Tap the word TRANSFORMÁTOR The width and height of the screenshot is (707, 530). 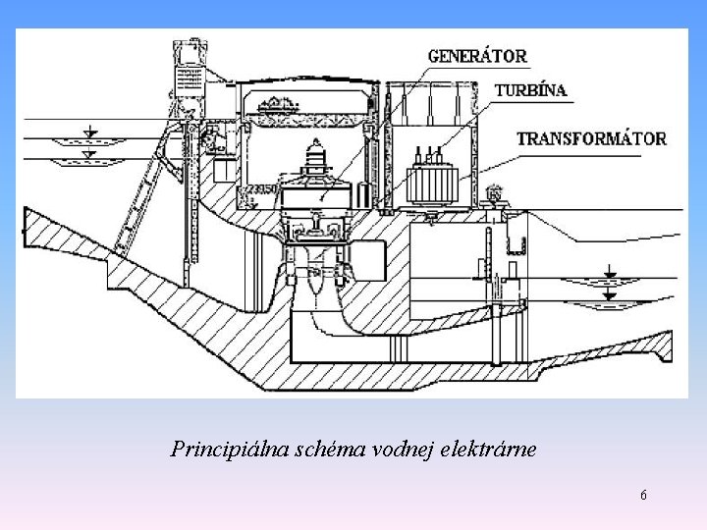click(591, 138)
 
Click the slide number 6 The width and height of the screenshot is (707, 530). click(643, 495)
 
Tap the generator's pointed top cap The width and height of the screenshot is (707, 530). click(316, 149)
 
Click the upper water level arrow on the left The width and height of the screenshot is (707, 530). click(89, 132)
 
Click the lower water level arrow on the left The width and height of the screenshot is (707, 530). click(89, 153)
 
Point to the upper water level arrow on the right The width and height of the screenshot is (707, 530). click(610, 271)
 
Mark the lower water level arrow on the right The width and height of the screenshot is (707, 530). click(610, 293)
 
